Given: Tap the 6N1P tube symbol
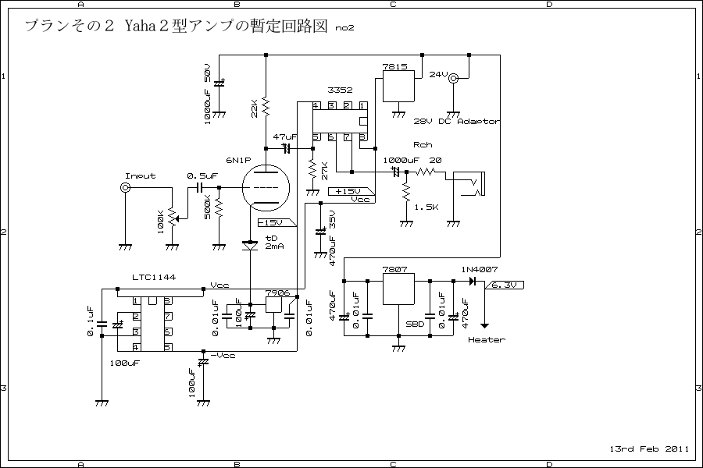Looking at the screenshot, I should tap(266, 189).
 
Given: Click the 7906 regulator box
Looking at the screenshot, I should tap(273, 304).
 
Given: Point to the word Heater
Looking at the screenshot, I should tap(486, 339).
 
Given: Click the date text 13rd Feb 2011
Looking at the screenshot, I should tap(649, 448).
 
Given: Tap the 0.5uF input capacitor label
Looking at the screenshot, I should tap(202, 176).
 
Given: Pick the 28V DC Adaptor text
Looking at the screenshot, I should tap(457, 122).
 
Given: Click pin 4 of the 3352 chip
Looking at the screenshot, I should tap(316, 106).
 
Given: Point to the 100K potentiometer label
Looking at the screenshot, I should tap(162, 222).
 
